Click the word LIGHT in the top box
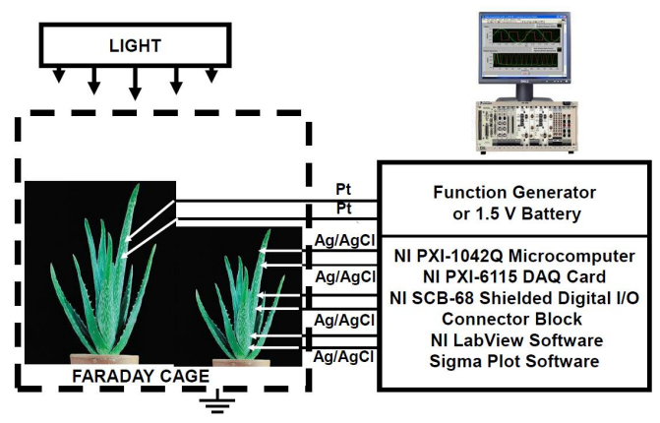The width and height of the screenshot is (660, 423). [x=134, y=46]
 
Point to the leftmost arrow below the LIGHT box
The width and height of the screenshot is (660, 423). [x=60, y=75]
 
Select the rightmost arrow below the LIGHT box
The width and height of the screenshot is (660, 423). [x=211, y=75]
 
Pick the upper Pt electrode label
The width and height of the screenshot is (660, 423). [x=343, y=189]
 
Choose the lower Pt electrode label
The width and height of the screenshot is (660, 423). [x=343, y=209]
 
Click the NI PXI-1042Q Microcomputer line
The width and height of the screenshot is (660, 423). [x=517, y=255]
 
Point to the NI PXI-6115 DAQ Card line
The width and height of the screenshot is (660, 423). [x=517, y=276]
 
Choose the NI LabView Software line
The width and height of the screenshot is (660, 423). [x=517, y=339]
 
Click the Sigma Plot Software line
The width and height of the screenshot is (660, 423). [x=517, y=361]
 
